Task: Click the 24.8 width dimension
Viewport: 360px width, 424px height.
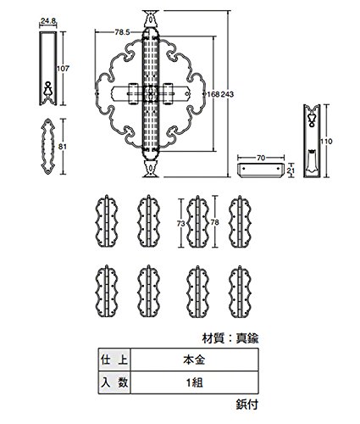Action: point(48,20)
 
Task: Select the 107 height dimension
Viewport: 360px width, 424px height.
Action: point(63,68)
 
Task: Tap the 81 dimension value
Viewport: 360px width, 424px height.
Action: point(62,147)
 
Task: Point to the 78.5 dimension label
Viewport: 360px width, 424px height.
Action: point(122,32)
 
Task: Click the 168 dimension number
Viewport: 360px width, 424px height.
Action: point(213,94)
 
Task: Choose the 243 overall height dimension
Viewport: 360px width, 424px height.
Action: point(227,94)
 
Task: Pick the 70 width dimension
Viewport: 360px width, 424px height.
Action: point(261,158)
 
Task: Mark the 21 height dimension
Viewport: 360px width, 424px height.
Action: point(291,170)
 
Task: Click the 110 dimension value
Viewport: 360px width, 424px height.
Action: point(326,142)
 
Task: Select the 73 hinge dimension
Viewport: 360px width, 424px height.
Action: point(180,224)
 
